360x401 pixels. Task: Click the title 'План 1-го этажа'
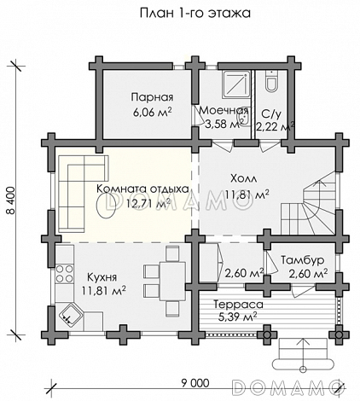[x=195, y=14]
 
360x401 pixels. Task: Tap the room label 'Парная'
[x=152, y=97]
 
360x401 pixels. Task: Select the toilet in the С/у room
[x=271, y=81]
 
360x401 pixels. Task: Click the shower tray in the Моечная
[x=236, y=85]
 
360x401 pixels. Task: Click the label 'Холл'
[x=243, y=178]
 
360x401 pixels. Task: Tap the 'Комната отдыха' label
[x=142, y=189]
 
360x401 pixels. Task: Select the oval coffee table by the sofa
[x=106, y=205]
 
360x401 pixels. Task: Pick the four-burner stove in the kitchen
[x=65, y=273]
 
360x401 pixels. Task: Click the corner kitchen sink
[x=71, y=314]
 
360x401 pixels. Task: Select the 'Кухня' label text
[x=102, y=277]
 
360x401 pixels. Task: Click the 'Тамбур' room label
[x=303, y=260]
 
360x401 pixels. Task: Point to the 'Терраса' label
[x=238, y=305]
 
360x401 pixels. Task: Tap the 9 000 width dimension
[x=195, y=383]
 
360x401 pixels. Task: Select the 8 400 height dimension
[x=10, y=200]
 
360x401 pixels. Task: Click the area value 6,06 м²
[x=152, y=113]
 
